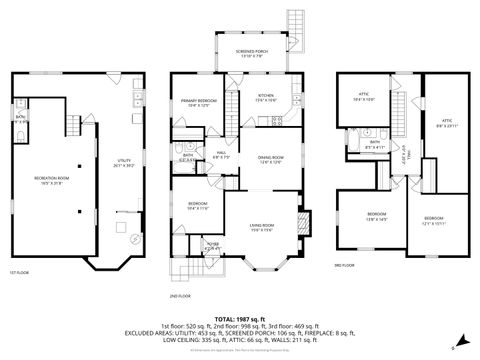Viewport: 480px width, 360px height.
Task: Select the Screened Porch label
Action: click(x=249, y=52)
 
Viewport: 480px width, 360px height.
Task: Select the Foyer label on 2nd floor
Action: click(x=212, y=245)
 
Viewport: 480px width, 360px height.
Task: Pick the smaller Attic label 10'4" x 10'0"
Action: click(x=362, y=97)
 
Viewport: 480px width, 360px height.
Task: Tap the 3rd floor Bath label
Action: click(x=375, y=143)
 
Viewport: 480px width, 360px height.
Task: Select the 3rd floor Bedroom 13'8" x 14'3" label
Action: click(x=376, y=216)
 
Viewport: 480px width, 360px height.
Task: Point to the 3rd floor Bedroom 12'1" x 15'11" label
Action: click(x=432, y=220)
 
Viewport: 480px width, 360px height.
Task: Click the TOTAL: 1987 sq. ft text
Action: click(x=240, y=315)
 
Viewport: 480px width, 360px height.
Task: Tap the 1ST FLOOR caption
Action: click(x=19, y=272)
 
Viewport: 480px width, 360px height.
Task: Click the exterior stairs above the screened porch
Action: click(x=293, y=22)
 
